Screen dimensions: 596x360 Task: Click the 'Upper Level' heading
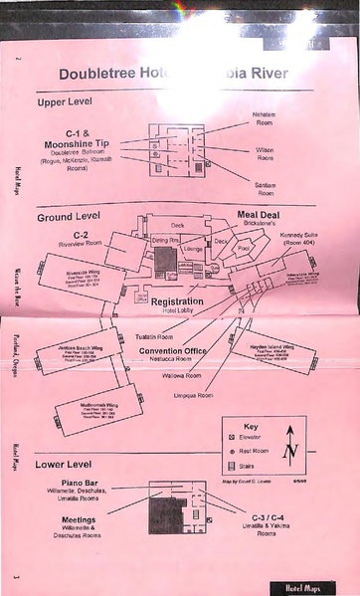(72, 102)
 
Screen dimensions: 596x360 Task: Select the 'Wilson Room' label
(266, 153)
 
